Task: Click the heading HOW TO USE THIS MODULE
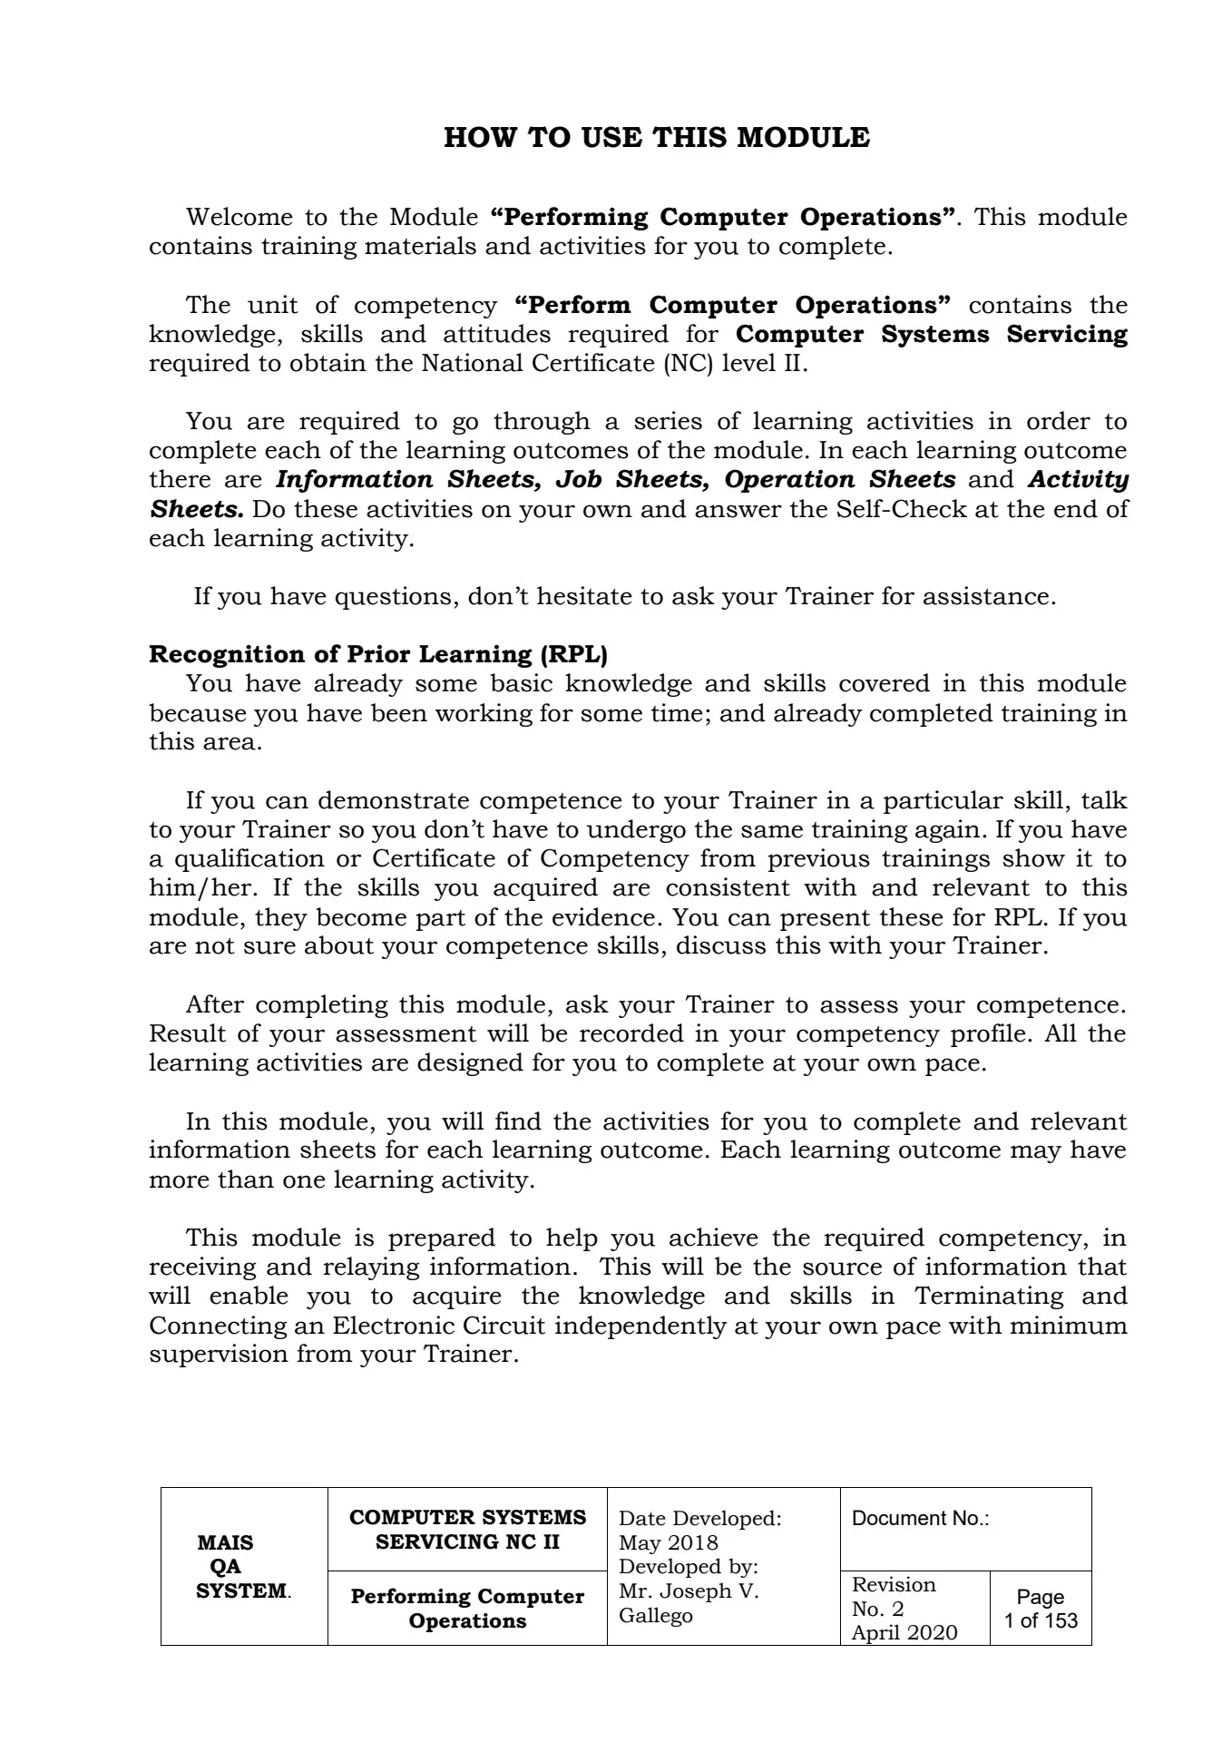click(656, 138)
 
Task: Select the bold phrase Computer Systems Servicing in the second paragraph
click(932, 334)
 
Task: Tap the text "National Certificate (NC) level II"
click(613, 364)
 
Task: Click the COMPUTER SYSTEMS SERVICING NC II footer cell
click(467, 1529)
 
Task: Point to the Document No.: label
click(920, 1519)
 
